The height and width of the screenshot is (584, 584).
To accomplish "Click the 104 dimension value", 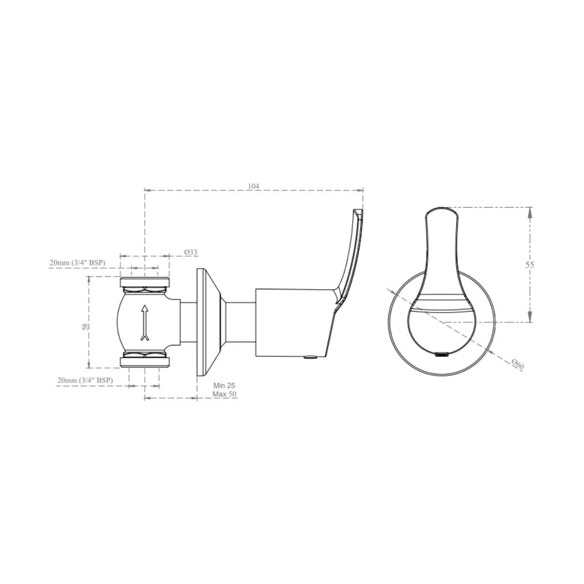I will [x=254, y=186].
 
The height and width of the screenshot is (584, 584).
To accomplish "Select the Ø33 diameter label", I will [x=190, y=252].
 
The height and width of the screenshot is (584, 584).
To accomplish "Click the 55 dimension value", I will [x=530, y=264].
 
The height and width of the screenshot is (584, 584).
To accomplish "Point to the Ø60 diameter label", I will [x=517, y=364].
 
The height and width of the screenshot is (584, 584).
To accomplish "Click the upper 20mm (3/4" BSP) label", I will [x=77, y=263].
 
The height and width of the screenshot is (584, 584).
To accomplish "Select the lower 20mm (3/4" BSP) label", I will [x=85, y=380].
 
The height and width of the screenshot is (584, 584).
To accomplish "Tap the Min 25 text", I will [x=224, y=386].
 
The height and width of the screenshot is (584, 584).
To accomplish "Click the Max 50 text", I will [x=224, y=394].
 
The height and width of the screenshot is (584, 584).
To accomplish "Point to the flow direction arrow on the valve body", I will [x=144, y=322].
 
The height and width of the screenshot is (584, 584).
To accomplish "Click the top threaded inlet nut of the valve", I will [x=144, y=283].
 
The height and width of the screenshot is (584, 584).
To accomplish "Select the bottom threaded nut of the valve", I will [x=144, y=361].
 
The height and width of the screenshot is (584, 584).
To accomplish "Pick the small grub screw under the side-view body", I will [x=310, y=357].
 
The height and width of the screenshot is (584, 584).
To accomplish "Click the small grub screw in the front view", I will [x=442, y=355].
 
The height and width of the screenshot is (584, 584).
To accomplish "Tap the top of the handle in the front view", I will [x=442, y=209].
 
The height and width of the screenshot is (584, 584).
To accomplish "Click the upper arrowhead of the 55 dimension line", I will [x=530, y=212].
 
